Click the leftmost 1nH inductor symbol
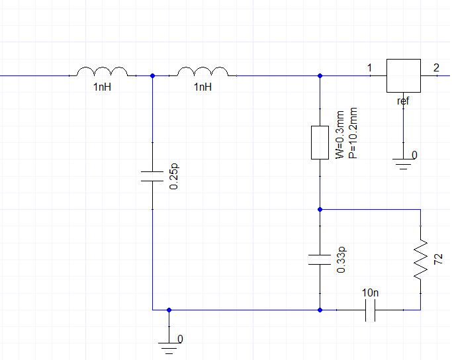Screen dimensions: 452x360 coord(103,71)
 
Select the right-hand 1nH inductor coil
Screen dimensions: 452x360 coord(203,71)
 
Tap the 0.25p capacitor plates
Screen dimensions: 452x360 coord(152,176)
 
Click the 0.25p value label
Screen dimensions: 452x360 coord(174,177)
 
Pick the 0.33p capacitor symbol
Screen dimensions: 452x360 coord(320,259)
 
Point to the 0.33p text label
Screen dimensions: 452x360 coord(341,259)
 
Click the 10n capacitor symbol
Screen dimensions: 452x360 coord(370,310)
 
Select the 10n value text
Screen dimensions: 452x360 coord(370,293)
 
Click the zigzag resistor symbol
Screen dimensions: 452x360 coord(421,259)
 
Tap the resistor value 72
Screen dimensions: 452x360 coord(438,259)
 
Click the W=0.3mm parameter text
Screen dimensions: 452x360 coord(340,134)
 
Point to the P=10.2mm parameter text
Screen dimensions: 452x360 coord(353,133)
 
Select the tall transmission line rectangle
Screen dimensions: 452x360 coord(320,142)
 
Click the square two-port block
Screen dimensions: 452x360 coord(403,76)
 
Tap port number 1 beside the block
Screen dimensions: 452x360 coord(369,68)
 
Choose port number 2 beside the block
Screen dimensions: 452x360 coord(436,68)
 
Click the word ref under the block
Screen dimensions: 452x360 coord(403,101)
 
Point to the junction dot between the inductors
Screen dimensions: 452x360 coord(152,76)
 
